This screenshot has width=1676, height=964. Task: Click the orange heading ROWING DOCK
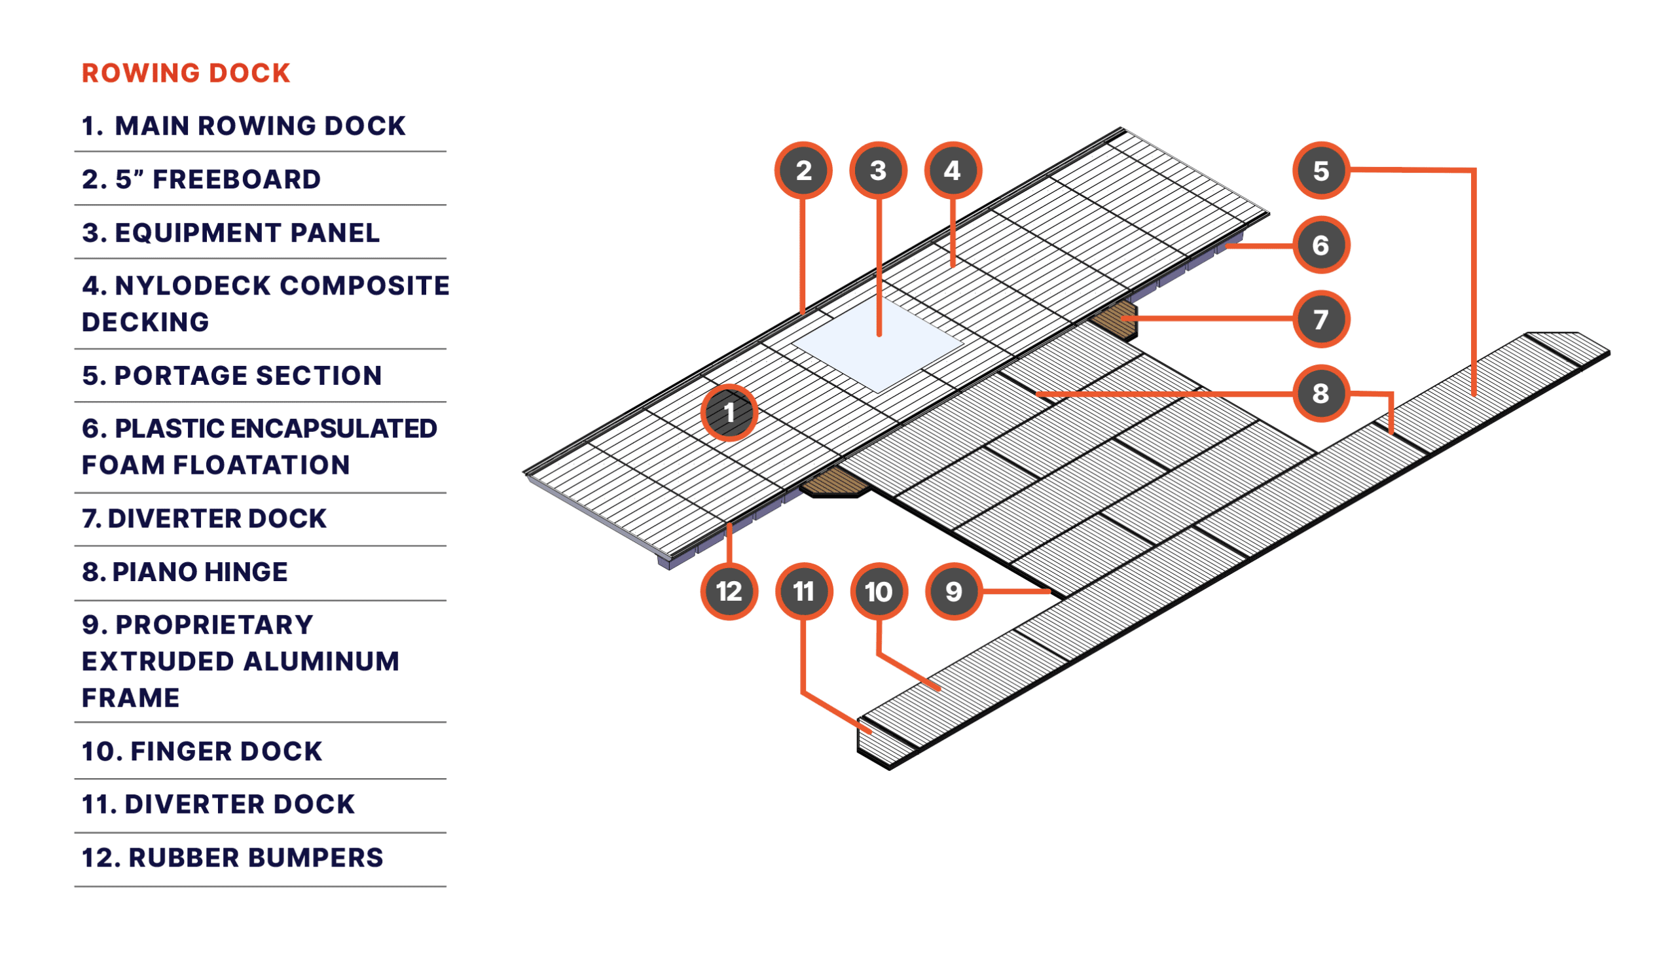tap(186, 73)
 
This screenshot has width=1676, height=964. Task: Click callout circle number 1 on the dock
tap(729, 412)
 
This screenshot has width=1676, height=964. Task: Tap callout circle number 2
tap(803, 170)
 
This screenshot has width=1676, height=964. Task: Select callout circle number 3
tap(878, 170)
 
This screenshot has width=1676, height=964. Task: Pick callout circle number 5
tap(1321, 170)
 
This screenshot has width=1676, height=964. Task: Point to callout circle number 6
tap(1321, 245)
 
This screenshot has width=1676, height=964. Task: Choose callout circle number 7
tap(1321, 319)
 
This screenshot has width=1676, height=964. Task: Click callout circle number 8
tap(1321, 393)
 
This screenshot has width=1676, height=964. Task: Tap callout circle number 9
tap(953, 591)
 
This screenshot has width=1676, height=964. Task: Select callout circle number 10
tap(878, 591)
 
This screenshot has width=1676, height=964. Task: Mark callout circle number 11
tap(803, 591)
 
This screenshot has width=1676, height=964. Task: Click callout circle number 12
tap(729, 591)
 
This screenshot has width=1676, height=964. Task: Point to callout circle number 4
tap(952, 170)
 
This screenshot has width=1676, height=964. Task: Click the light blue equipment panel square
tap(877, 344)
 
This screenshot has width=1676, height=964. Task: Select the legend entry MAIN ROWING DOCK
tap(243, 126)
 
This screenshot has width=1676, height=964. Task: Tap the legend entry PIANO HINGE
tap(185, 572)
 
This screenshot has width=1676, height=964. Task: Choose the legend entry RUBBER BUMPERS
tap(232, 858)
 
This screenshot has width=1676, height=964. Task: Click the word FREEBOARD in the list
tap(236, 179)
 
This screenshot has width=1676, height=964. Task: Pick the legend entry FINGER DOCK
tap(202, 751)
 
